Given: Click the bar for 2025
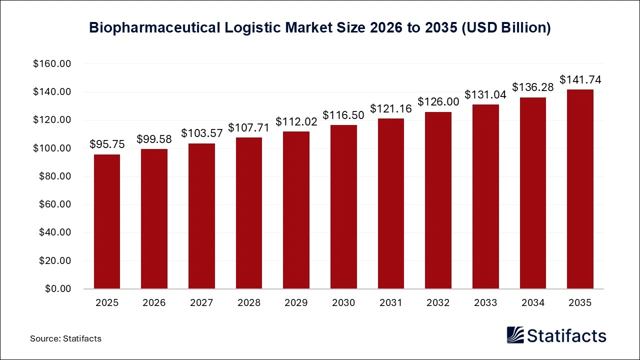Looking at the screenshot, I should click(107, 221).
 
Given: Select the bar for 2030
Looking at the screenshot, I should click(343, 206).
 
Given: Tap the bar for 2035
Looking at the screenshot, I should click(580, 189).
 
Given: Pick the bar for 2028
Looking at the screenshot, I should click(249, 213).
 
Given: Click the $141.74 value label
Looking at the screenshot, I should click(580, 80).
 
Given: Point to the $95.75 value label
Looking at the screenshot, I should click(107, 144).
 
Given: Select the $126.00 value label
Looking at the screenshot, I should click(438, 101).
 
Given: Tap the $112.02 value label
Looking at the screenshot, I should click(296, 121).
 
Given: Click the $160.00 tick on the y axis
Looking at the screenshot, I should click(52, 64).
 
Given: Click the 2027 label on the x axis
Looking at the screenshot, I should click(201, 302).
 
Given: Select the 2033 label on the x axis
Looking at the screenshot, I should click(485, 302).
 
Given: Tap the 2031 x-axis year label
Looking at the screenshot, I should click(391, 302).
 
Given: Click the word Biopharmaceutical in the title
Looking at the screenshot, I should click(154, 28).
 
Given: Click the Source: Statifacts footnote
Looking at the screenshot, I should click(65, 338).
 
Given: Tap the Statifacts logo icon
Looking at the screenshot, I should click(515, 335).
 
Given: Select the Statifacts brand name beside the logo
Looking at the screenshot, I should click(566, 335).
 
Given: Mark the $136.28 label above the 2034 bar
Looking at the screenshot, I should click(533, 87).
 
